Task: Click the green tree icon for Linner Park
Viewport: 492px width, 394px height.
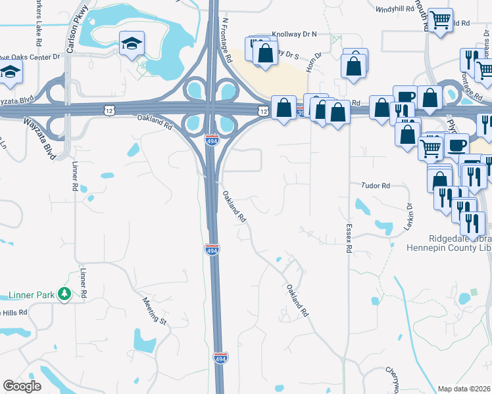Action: (64, 294)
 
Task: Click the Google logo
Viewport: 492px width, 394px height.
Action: (22, 386)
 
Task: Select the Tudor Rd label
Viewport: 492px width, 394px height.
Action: (376, 186)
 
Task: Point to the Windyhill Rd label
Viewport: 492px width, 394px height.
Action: (395, 9)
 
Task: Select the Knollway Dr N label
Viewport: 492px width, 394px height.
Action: (295, 33)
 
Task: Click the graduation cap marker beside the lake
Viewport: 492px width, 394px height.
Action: (132, 45)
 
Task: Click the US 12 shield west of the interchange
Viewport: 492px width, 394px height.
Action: (108, 112)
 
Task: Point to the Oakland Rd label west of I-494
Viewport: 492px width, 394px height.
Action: (155, 118)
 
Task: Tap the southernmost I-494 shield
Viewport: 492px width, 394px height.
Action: (220, 358)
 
